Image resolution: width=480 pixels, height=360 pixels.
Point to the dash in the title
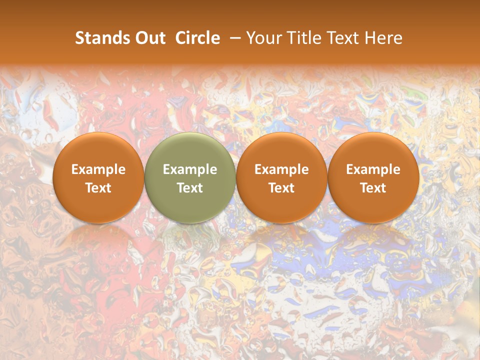click(235, 38)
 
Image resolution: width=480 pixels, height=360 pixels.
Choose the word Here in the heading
click(384, 38)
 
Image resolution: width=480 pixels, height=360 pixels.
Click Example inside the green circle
click(190, 169)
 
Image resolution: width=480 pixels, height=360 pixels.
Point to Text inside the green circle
click(190, 188)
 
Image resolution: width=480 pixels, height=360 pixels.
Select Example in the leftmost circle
click(98, 169)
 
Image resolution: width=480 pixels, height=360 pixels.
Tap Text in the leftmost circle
click(98, 188)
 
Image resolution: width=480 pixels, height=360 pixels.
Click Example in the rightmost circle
click(373, 169)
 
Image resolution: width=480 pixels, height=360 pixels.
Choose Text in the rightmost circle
click(373, 188)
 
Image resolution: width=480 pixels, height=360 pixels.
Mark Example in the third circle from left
click(281, 169)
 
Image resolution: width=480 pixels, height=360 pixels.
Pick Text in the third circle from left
click(281, 188)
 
